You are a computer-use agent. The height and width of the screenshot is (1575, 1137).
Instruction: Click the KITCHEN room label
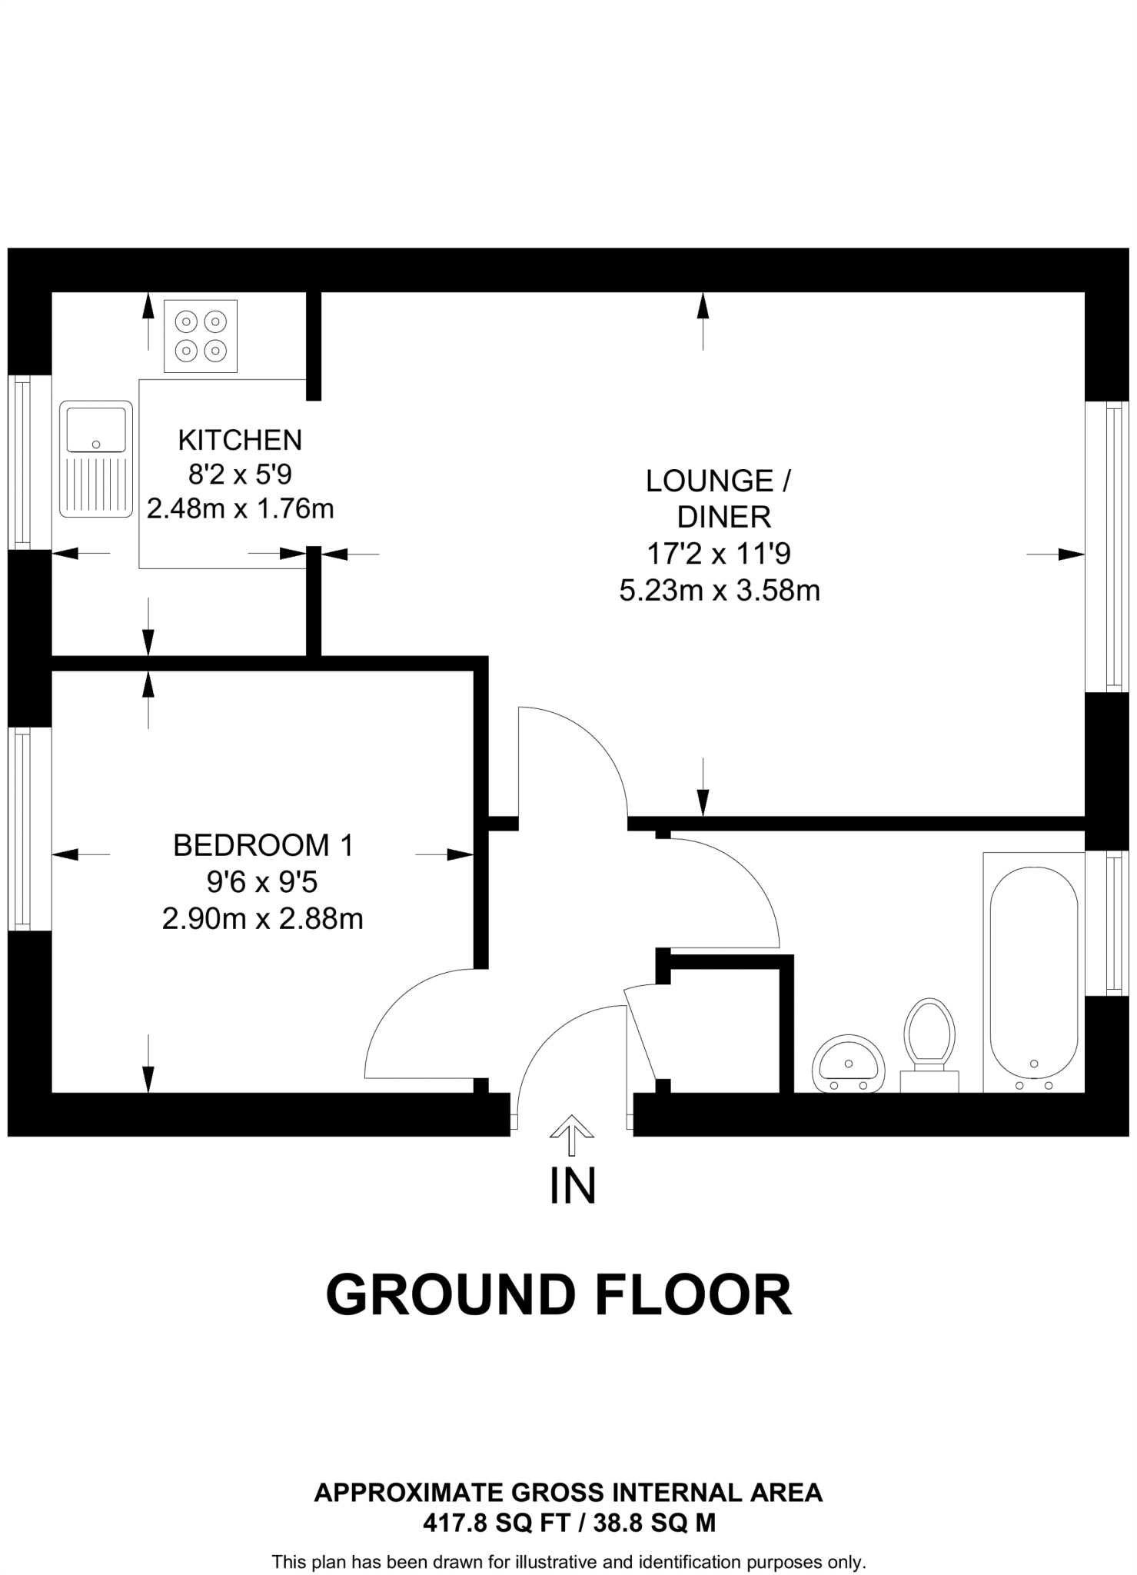[240, 440]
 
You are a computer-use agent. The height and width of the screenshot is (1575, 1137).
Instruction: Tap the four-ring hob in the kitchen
[201, 336]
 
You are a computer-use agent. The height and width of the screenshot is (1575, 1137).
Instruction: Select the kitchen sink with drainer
[96, 458]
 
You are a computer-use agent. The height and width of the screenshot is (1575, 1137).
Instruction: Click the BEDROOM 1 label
[263, 845]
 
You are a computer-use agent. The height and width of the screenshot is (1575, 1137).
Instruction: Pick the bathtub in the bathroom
[1033, 972]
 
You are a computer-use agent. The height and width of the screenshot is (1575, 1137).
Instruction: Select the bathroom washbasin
[849, 1064]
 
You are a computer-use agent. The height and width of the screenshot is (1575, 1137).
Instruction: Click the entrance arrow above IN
[571, 1134]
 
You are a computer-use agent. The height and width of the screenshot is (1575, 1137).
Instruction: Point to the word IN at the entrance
[573, 1187]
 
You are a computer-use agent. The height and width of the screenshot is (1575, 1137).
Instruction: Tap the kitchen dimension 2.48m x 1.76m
[240, 509]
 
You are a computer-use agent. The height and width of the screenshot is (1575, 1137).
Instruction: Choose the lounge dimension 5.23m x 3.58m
[720, 591]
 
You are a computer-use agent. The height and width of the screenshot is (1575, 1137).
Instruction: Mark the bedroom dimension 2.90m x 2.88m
[262, 919]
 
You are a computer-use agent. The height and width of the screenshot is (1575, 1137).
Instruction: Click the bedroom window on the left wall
[22, 828]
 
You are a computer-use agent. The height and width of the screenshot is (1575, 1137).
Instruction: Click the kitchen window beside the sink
[22, 462]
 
